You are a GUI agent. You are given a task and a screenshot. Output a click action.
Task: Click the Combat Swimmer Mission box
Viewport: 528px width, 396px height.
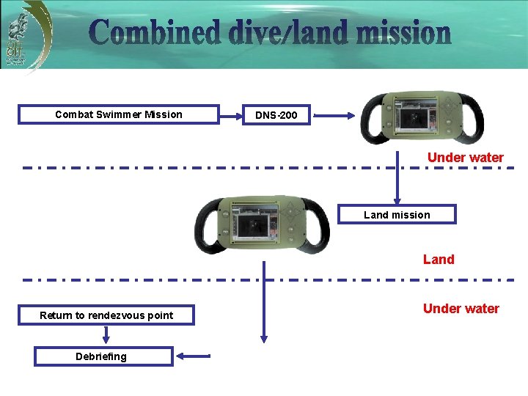(119, 114)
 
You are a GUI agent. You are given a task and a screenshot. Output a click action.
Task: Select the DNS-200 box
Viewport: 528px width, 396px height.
(276, 115)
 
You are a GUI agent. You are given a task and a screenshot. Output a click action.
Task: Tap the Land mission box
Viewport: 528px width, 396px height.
(397, 215)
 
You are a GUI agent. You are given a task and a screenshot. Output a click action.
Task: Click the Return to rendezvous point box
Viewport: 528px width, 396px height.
(106, 315)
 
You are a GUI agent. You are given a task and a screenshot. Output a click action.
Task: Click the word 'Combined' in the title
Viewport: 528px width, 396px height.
(154, 34)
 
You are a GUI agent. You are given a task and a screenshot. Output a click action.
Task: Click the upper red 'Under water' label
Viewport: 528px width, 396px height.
(465, 158)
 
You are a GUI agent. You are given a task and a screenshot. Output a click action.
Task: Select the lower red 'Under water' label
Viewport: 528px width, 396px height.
(461, 309)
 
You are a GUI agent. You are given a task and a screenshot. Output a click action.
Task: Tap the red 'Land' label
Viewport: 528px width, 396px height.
(439, 260)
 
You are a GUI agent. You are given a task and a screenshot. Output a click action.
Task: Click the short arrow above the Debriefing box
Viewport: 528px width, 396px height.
(106, 334)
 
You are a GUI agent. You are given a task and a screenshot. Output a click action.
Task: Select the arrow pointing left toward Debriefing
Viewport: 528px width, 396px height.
(194, 356)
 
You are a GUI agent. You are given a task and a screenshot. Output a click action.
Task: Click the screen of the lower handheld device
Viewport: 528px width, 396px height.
(254, 221)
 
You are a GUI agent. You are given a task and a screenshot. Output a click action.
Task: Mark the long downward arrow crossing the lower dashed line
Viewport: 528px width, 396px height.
(264, 301)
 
